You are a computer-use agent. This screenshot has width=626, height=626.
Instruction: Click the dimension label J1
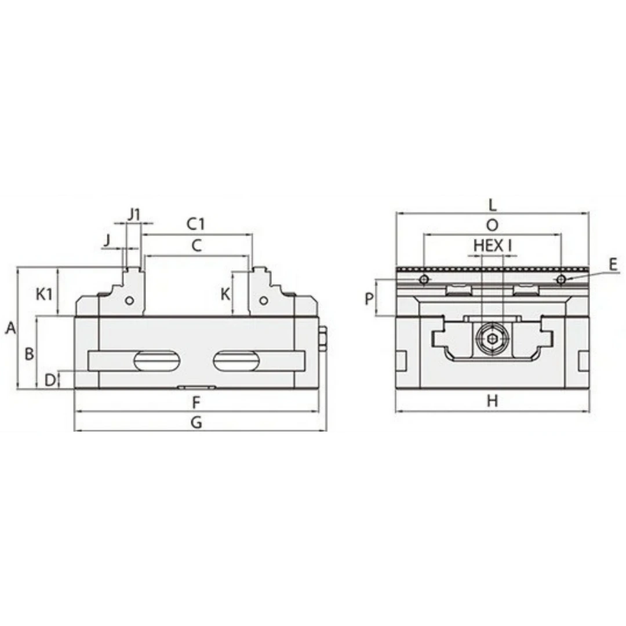coord(134,215)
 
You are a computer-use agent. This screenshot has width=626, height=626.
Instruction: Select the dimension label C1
coord(196,224)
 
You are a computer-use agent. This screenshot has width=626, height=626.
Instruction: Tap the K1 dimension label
coord(44,294)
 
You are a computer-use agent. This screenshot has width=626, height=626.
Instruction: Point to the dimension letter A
coord(10,328)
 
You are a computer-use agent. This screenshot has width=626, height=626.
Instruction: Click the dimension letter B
coord(29,354)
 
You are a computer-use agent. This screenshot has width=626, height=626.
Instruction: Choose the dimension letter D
coord(49,380)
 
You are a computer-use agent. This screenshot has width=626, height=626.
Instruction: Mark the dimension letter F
coord(196,403)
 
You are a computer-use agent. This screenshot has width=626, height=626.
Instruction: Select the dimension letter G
coord(196,423)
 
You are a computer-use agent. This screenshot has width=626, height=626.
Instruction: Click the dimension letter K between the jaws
coord(225,294)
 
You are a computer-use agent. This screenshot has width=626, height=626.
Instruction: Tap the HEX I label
coord(492,246)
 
